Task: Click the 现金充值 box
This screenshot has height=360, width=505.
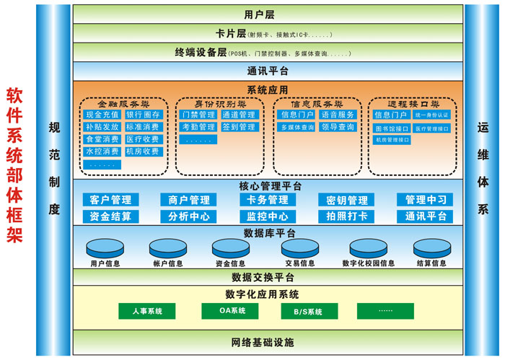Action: point(102,115)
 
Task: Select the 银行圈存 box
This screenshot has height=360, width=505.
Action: point(143,115)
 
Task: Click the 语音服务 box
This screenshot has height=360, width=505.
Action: point(338,115)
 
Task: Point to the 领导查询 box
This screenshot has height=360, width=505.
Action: point(338,127)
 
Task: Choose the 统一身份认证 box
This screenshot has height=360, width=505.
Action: point(432,115)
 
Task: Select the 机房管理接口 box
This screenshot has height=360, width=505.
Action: point(392,140)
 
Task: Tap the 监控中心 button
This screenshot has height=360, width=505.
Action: point(268,216)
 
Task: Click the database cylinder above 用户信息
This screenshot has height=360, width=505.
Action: point(105,247)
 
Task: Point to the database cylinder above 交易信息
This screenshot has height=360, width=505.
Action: point(299,247)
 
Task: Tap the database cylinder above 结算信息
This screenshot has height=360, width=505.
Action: point(431,247)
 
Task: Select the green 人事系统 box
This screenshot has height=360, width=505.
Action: point(147,311)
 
